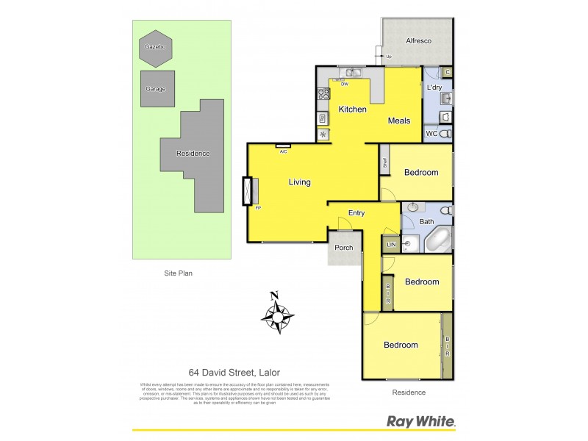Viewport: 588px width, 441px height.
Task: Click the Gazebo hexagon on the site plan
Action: point(155,47)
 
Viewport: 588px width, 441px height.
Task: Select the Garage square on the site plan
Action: point(157,89)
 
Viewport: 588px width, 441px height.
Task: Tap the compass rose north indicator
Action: point(277,315)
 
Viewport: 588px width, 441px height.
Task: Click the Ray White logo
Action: point(421,421)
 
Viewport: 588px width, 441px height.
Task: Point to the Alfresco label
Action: point(417,42)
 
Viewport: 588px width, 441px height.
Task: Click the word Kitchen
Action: point(352,110)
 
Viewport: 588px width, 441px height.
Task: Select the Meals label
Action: point(399,121)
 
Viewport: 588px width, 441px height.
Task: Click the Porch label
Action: point(343,248)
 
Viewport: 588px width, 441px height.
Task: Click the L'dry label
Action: point(434,88)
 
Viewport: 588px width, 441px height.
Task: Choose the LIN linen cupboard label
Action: point(391,244)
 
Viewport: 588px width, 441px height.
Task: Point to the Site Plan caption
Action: point(179,273)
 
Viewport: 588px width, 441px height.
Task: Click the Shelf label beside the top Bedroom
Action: point(384,164)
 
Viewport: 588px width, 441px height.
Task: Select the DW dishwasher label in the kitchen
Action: point(344,82)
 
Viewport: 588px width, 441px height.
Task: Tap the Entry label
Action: point(356,213)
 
